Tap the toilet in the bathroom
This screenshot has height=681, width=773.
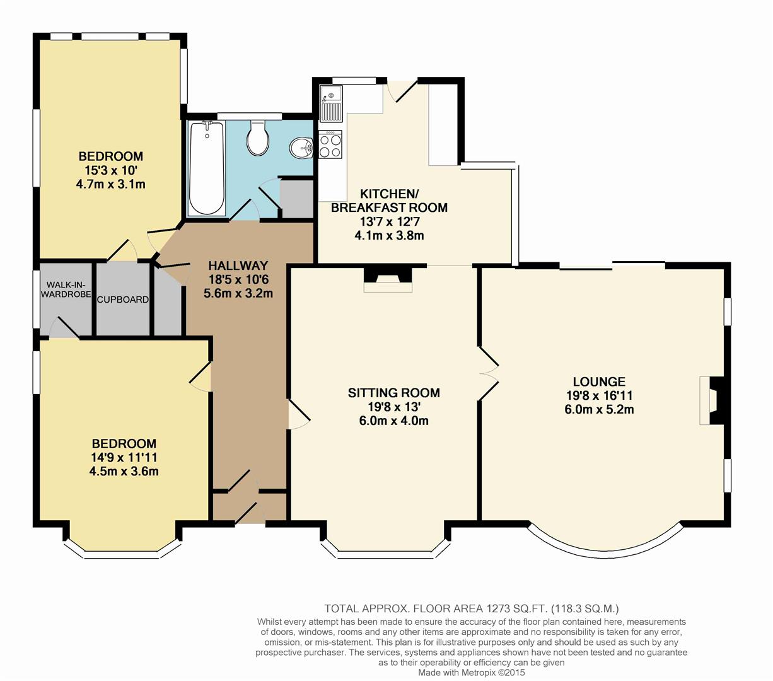pyautogui.click(x=259, y=137)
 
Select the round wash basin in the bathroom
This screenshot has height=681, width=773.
pyautogui.click(x=301, y=147)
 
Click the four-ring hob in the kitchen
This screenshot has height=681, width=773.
pyautogui.click(x=330, y=144)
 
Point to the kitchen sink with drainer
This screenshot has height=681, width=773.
pyautogui.click(x=331, y=103)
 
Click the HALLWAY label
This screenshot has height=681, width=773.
pyautogui.click(x=238, y=265)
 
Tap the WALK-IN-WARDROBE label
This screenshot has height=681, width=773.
pyautogui.click(x=66, y=289)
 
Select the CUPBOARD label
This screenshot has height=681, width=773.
pyautogui.click(x=123, y=300)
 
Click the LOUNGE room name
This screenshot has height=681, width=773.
pyautogui.click(x=599, y=381)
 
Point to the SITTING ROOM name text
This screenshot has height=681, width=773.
pyautogui.click(x=393, y=393)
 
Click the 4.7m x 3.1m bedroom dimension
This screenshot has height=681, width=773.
pyautogui.click(x=110, y=184)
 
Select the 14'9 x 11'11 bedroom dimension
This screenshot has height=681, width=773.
pyautogui.click(x=124, y=457)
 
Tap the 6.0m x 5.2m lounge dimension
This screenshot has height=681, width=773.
pyautogui.click(x=599, y=409)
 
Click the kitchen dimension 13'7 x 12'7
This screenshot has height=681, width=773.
pyautogui.click(x=389, y=221)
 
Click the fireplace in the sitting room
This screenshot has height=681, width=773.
pyautogui.click(x=388, y=279)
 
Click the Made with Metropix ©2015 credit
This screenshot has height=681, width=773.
pyautogui.click(x=472, y=673)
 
